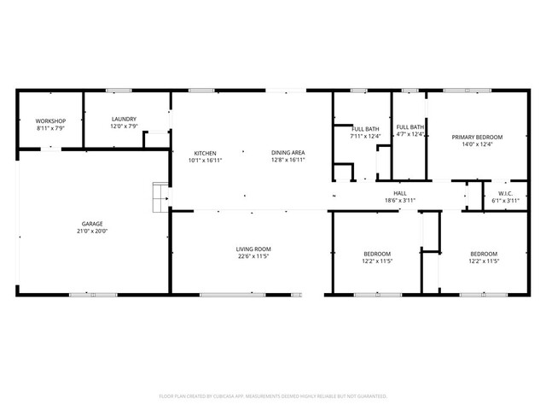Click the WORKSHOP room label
(x=50, y=120)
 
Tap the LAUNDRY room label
(x=124, y=120)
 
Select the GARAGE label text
(x=93, y=224)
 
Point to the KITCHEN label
(x=205, y=153)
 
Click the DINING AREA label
(x=288, y=153)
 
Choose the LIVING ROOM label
(x=254, y=249)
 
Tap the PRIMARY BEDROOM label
(x=477, y=138)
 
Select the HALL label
(x=399, y=193)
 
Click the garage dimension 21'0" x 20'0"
(x=93, y=231)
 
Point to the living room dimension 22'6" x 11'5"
(x=254, y=255)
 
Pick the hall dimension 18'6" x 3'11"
(x=399, y=200)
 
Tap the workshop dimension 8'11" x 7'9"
(x=50, y=127)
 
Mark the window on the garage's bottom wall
(x=93, y=295)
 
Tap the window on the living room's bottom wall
(x=232, y=295)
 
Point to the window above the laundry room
(x=119, y=90)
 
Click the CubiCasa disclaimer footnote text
(x=273, y=396)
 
